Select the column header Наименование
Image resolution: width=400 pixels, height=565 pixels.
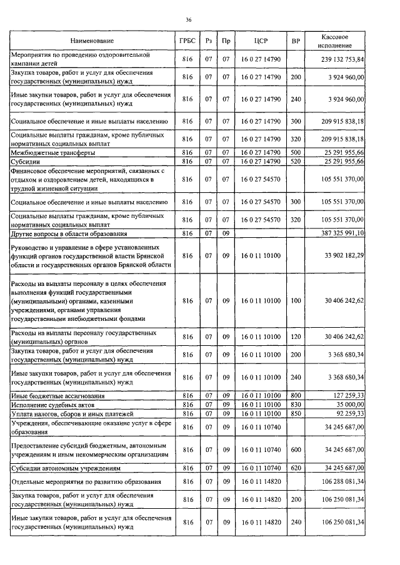[x=92, y=41]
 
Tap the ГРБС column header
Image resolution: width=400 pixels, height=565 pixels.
[x=187, y=41]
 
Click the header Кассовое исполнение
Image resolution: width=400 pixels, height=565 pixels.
[x=337, y=41]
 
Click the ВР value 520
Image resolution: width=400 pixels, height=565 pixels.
[x=296, y=161]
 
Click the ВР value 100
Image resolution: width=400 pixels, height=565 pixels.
[x=296, y=300]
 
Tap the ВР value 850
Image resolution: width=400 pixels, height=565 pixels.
[x=296, y=413]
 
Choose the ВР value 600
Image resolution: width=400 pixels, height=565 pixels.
[x=296, y=450]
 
